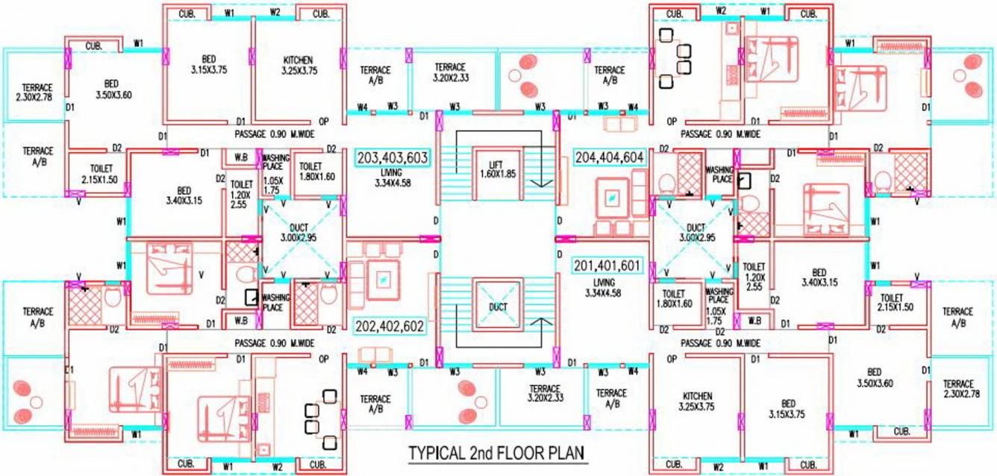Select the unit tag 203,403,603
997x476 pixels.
tap(393, 158)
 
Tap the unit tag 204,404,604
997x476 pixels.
tap(610, 158)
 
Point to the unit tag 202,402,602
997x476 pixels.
tap(390, 326)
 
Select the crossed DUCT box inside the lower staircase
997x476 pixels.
tap(498, 306)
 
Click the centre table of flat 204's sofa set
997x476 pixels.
tap(611, 198)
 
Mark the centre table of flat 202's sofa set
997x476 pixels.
tap(382, 278)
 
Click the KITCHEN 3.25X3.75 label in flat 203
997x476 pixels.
tap(297, 65)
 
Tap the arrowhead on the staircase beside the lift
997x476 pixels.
tap(544, 181)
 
